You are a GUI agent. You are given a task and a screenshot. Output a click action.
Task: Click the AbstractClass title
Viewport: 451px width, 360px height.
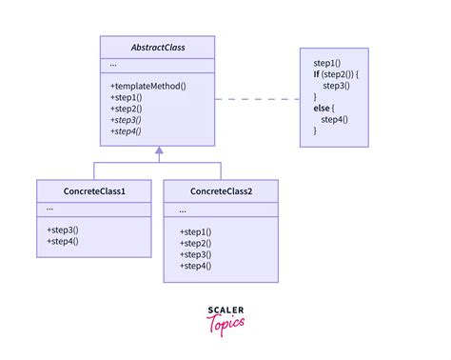[157, 47]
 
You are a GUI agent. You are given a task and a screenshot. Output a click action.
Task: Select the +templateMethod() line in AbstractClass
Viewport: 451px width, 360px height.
[147, 86]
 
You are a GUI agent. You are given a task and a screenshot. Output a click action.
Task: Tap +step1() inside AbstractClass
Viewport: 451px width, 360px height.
[127, 98]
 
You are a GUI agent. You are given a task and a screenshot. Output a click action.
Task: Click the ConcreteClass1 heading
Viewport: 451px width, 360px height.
[93, 191]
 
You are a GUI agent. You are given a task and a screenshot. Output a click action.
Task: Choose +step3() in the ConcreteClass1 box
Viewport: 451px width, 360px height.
[63, 230]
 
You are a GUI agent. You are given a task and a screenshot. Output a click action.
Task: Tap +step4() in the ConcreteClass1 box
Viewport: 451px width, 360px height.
[63, 242]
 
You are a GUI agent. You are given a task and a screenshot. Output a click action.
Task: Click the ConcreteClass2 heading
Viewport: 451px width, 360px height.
[221, 191]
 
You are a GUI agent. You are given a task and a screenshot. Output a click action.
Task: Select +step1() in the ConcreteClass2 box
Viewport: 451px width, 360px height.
[195, 232]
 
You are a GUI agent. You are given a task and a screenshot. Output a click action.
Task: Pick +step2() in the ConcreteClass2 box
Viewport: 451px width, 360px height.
[195, 244]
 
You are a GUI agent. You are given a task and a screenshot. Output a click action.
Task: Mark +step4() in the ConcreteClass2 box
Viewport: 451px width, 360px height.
[195, 267]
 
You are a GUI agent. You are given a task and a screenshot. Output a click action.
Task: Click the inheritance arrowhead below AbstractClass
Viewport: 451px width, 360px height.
[159, 150]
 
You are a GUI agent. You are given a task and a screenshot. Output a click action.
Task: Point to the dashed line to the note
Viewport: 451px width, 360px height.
[257, 98]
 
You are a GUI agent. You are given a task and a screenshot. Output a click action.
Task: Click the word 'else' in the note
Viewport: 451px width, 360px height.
[323, 108]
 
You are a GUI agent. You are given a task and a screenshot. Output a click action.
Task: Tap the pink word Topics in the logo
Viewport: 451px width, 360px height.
[225, 324]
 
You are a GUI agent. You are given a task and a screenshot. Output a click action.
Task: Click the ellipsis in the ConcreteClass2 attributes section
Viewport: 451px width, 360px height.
[183, 210]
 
